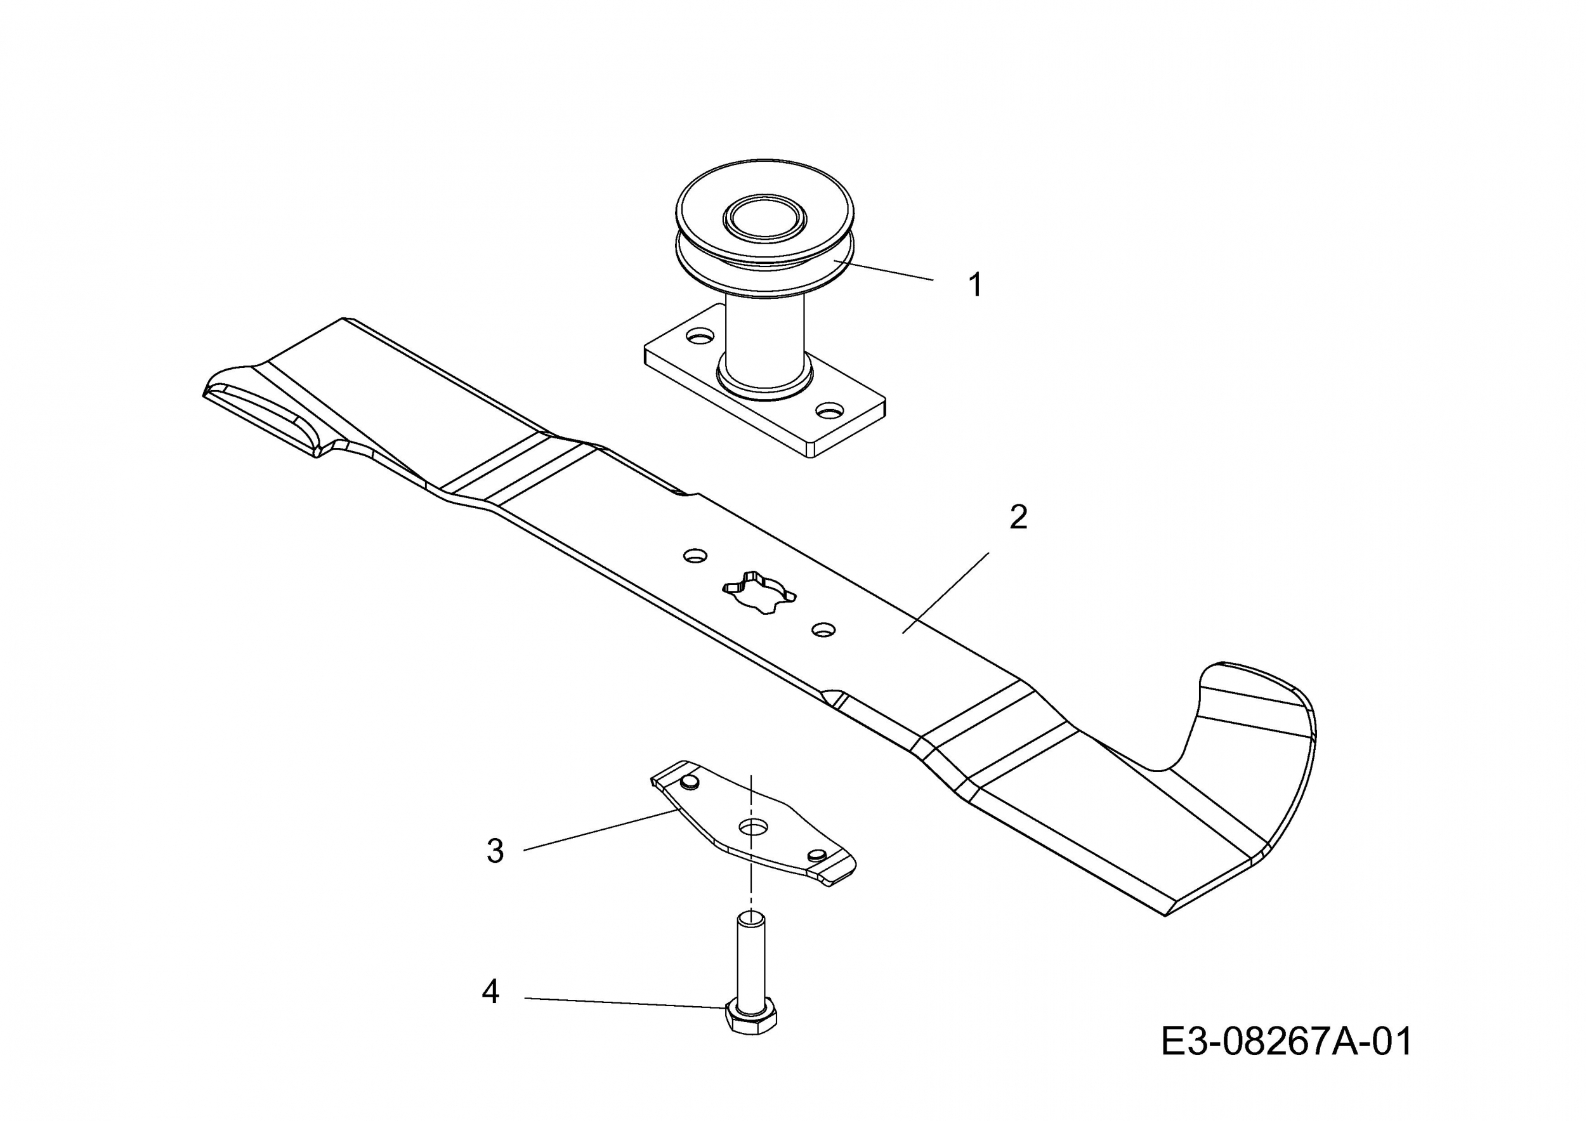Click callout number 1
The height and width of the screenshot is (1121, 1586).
(975, 285)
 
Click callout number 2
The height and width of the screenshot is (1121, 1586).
(1018, 517)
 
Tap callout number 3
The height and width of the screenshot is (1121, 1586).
(495, 851)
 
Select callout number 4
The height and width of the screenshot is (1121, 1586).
(490, 992)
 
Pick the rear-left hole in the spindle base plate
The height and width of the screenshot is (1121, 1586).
(700, 337)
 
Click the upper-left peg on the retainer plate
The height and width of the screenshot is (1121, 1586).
(690, 781)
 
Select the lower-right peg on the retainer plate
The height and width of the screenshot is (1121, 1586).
(816, 855)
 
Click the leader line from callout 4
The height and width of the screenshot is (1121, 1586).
(625, 1003)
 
